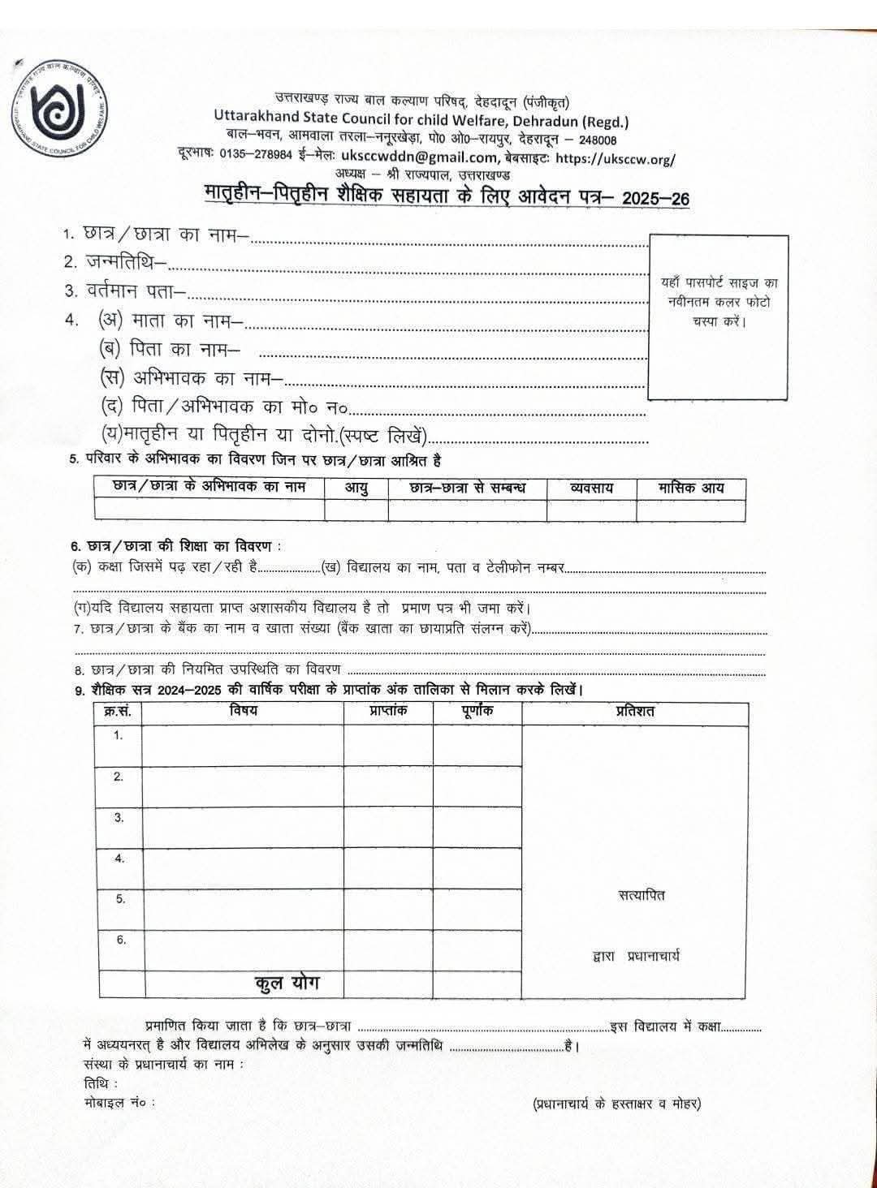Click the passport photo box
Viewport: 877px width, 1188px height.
(719, 316)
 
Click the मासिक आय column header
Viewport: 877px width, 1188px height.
(690, 488)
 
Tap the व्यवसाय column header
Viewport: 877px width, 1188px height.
(591, 488)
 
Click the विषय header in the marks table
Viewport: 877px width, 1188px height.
(243, 711)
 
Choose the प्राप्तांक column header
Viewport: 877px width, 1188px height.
(387, 711)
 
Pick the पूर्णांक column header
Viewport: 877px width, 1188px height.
(477, 711)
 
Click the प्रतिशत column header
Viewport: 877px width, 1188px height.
(634, 711)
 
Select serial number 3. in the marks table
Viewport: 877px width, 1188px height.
(119, 817)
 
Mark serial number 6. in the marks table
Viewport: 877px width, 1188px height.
(120, 940)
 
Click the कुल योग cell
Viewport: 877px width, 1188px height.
(287, 983)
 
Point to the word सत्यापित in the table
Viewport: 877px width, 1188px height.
(641, 895)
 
